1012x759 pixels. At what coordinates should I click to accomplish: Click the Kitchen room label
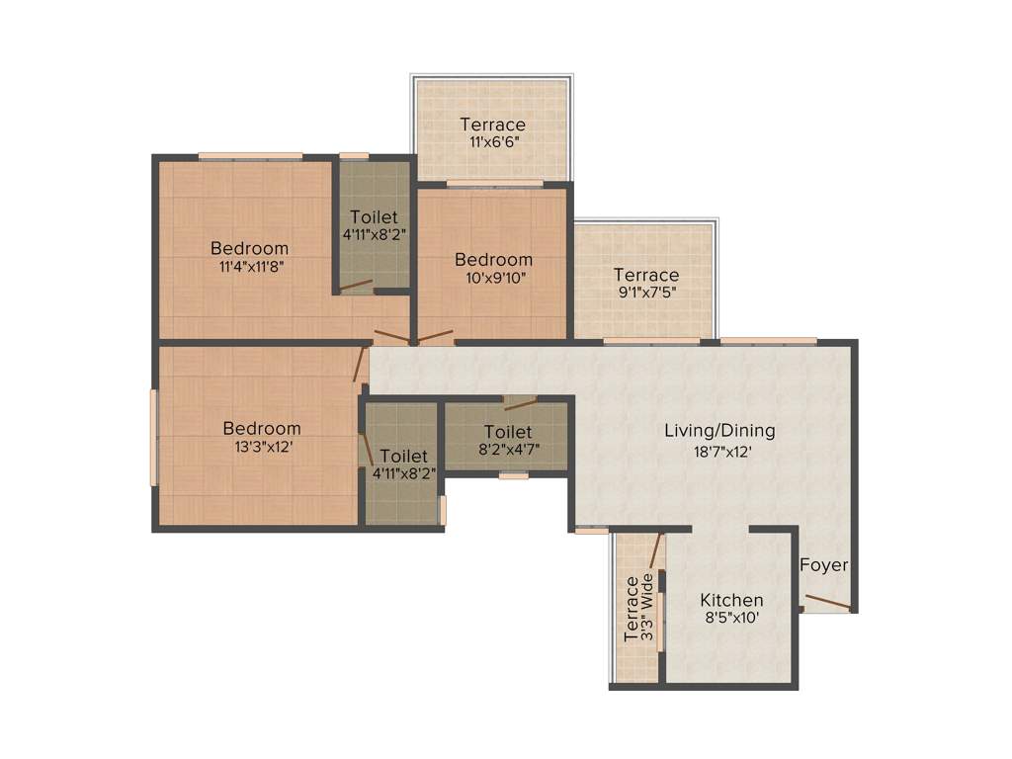(x=731, y=600)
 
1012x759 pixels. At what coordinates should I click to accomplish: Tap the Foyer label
(x=823, y=565)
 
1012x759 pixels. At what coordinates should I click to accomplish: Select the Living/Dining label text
(x=719, y=431)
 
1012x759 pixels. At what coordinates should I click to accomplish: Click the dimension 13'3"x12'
(x=262, y=447)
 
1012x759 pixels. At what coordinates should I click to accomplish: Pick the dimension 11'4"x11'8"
(x=250, y=266)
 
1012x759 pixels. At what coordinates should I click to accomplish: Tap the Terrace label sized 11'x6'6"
(x=492, y=125)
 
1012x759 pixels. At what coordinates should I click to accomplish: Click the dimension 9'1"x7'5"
(x=645, y=293)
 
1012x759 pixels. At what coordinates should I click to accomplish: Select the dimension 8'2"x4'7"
(x=508, y=450)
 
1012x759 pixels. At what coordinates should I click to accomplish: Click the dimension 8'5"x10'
(x=731, y=618)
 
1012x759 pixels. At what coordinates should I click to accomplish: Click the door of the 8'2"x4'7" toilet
(x=520, y=402)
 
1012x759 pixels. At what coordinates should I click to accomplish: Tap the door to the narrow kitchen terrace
(x=655, y=549)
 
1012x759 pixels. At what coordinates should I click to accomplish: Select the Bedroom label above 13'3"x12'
(x=262, y=429)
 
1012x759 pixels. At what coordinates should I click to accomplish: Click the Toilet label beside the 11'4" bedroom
(x=374, y=216)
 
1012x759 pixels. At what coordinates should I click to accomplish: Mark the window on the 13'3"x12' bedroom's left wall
(x=153, y=437)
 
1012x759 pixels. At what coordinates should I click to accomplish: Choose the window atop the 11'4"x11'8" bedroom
(x=250, y=155)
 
